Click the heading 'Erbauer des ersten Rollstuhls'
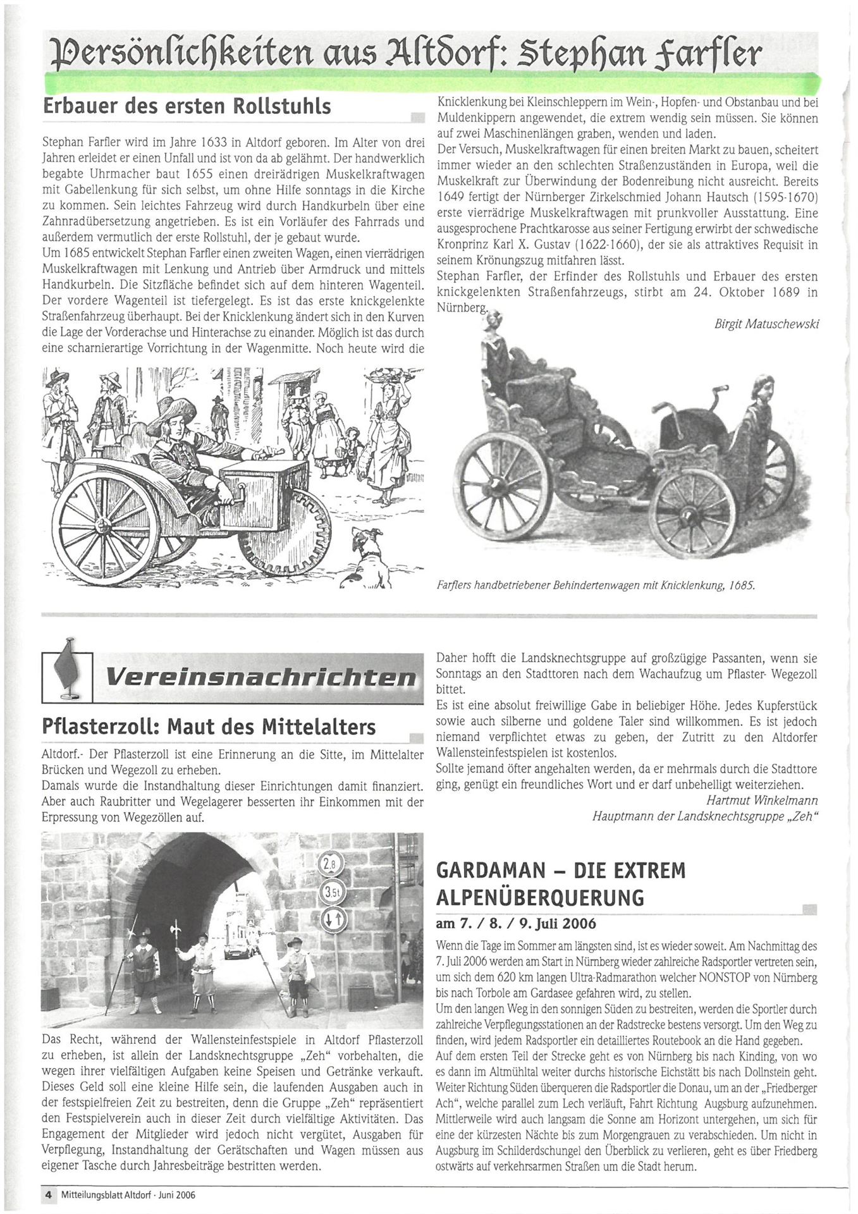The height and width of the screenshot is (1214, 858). point(187,106)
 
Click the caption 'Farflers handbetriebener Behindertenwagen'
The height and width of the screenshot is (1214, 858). point(594,586)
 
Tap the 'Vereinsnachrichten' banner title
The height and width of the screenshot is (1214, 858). point(260,678)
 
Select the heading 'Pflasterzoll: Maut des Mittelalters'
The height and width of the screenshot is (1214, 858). point(209,727)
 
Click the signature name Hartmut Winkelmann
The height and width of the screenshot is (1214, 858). point(761,801)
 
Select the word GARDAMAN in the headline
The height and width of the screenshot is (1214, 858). point(491,871)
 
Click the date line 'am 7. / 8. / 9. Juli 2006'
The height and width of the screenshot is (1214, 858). point(516,924)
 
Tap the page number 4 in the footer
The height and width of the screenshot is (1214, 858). point(47,1196)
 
